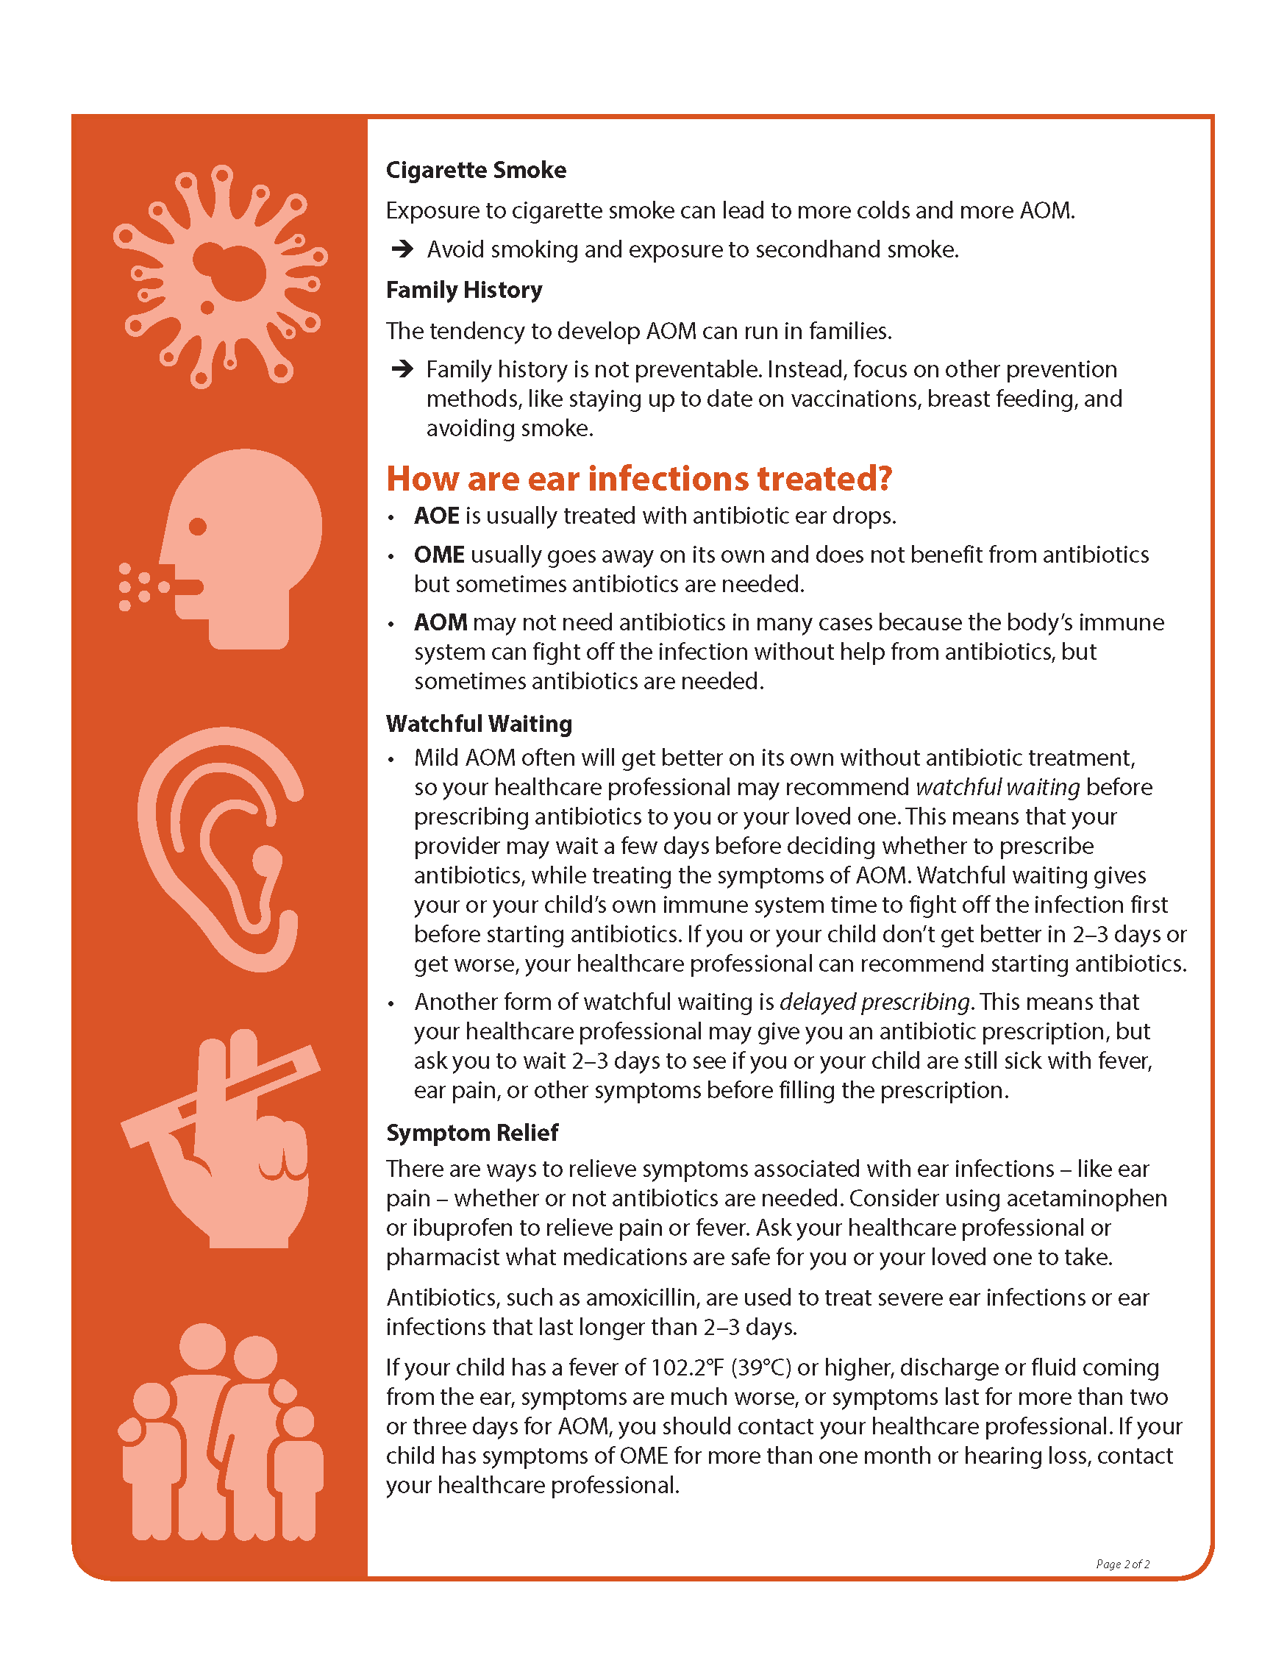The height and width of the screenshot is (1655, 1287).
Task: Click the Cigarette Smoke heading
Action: coord(476,170)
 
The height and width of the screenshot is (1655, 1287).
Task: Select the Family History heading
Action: coord(463,290)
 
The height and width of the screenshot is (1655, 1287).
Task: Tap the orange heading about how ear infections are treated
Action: coord(638,479)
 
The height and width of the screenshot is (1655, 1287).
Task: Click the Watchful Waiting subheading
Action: coord(479,724)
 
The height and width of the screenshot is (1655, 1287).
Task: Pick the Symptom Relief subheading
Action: coord(472,1132)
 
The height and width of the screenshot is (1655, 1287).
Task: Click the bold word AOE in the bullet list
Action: coord(436,516)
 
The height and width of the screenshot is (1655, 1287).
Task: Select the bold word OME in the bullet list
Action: coord(438,555)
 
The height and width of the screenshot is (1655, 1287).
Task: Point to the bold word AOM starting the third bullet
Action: coord(440,622)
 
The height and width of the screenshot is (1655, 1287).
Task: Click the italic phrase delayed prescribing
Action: coord(874,1002)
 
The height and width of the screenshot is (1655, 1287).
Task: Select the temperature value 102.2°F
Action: coord(687,1367)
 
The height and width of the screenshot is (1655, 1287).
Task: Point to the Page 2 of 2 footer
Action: coord(1122,1564)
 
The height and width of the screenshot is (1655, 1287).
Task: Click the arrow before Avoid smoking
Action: coord(402,249)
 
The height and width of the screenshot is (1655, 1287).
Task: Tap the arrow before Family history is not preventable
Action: coord(402,369)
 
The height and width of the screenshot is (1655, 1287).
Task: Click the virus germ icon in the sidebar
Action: coord(221,277)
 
